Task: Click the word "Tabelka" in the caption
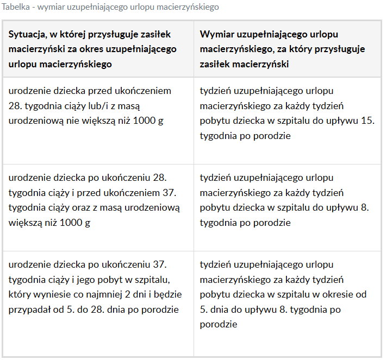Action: (x=16, y=8)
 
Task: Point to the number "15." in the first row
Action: (x=368, y=121)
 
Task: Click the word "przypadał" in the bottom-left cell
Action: (x=29, y=310)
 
